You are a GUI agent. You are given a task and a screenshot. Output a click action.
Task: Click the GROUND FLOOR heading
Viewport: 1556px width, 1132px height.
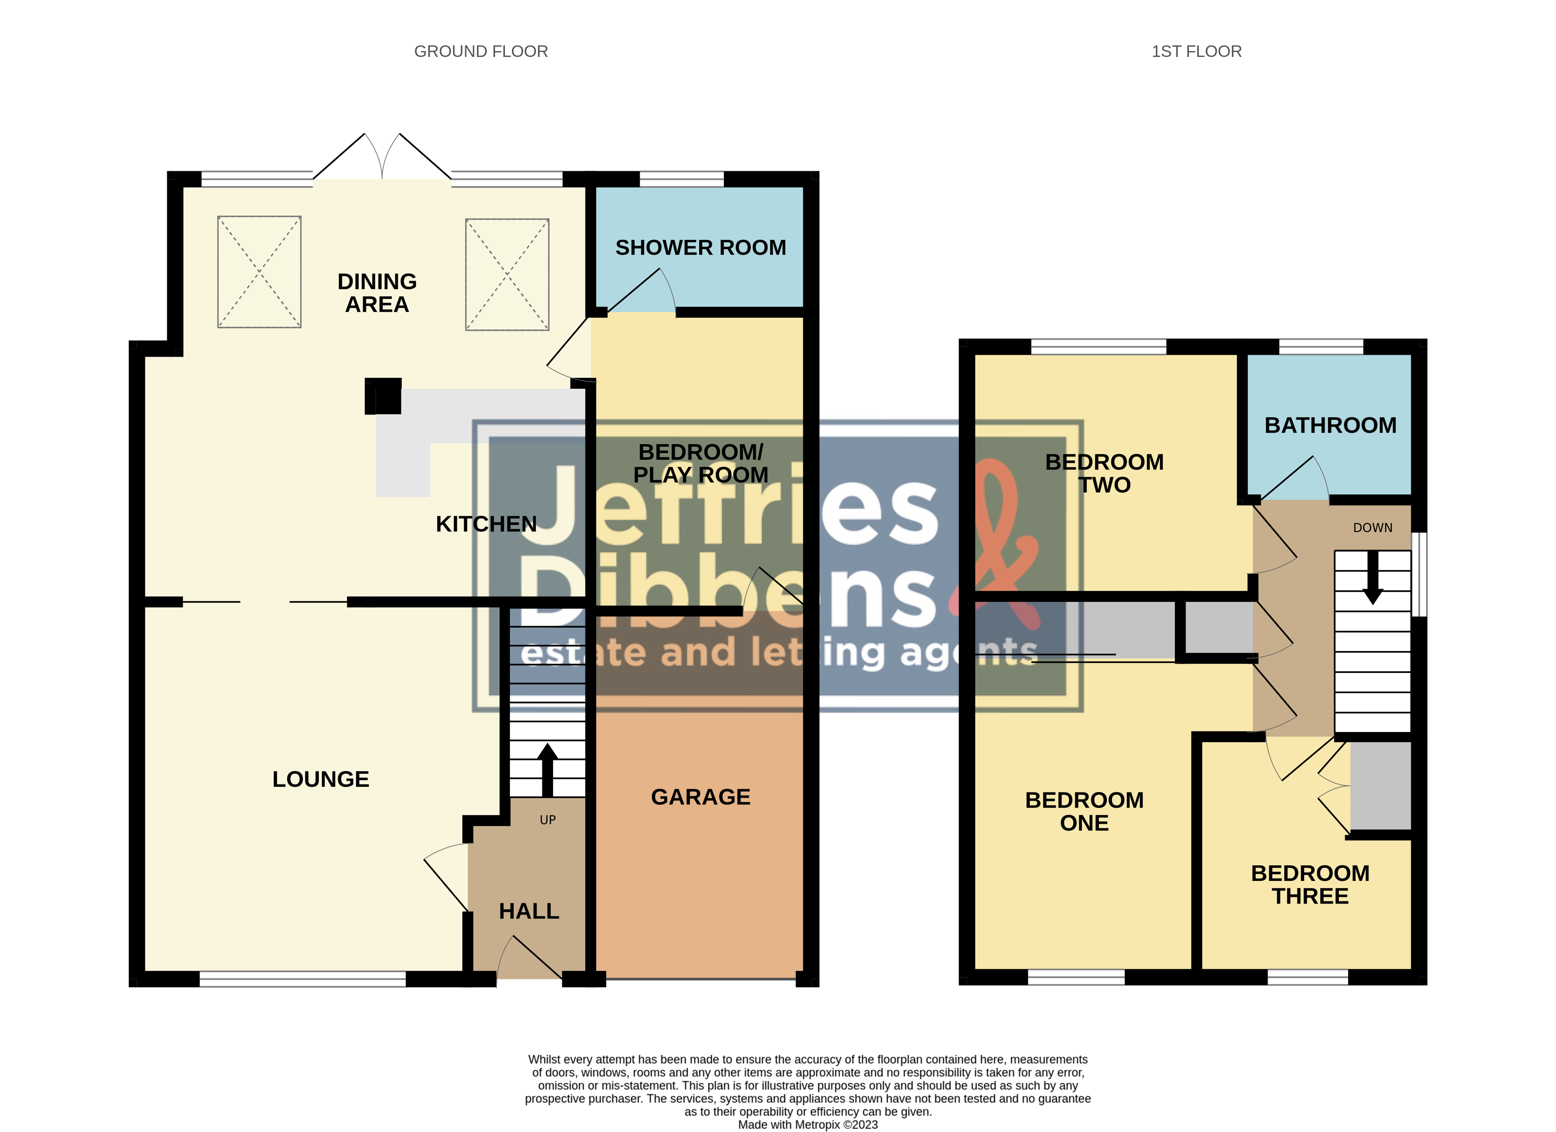(x=481, y=52)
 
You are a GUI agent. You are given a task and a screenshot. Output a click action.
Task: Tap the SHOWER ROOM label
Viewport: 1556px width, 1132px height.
(x=700, y=248)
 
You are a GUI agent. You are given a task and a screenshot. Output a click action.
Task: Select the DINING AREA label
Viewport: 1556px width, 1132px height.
(x=377, y=293)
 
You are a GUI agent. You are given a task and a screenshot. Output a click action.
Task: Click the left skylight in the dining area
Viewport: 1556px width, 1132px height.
(x=259, y=272)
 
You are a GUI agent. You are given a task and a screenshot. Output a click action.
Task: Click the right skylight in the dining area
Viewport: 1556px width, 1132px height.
(x=507, y=274)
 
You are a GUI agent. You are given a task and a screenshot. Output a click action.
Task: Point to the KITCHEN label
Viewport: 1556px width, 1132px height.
(x=486, y=524)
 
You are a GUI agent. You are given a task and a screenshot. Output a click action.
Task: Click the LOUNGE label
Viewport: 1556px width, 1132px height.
(x=321, y=779)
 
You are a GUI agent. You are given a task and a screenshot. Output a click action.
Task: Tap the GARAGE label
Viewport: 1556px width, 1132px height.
(x=700, y=797)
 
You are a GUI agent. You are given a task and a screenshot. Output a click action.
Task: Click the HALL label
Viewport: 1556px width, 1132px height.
(x=529, y=911)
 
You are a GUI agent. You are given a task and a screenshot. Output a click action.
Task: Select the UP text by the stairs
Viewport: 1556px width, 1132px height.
(x=547, y=820)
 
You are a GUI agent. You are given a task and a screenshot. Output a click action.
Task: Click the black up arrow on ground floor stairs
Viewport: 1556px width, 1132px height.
(x=547, y=768)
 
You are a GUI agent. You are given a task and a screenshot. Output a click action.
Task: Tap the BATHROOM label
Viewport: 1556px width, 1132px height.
(x=1330, y=425)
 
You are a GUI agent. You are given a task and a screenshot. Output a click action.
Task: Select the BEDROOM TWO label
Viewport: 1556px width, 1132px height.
(x=1104, y=473)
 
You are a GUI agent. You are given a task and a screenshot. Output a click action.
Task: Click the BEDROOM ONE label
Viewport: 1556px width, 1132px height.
(x=1084, y=812)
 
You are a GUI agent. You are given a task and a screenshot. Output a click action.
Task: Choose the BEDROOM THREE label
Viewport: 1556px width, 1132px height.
(x=1310, y=885)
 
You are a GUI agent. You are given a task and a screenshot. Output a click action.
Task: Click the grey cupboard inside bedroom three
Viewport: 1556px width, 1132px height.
(x=1380, y=786)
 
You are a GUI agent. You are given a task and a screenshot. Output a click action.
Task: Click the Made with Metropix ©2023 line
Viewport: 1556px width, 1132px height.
(x=808, y=1125)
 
